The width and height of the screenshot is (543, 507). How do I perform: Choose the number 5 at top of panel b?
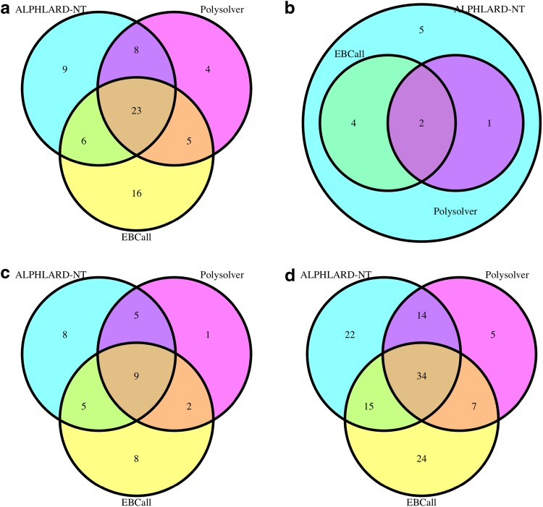(421, 30)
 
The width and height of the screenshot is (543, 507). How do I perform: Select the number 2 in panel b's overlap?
(421, 123)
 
